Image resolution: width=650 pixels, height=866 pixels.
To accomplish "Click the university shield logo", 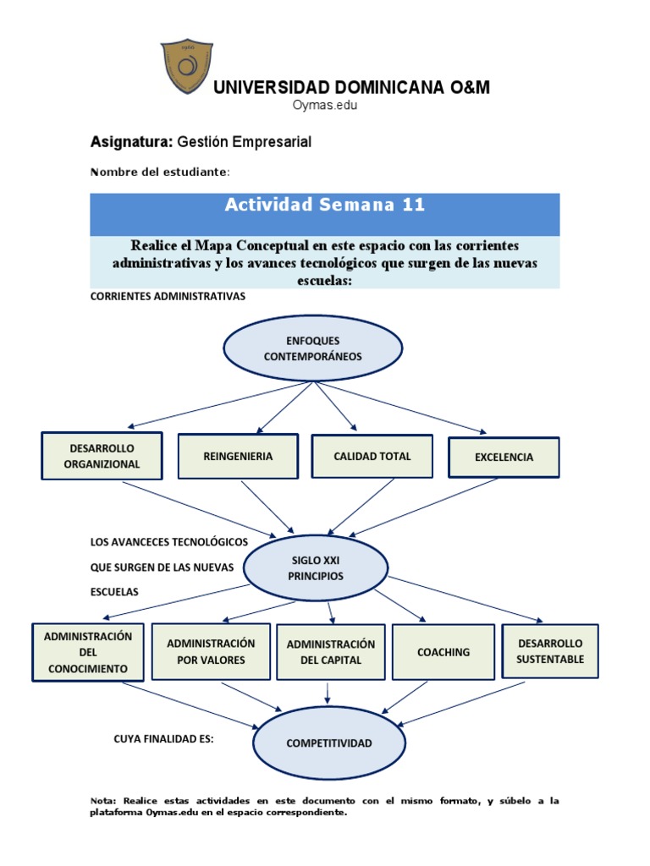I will click(188, 67).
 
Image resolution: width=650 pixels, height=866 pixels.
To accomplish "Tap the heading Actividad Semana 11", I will click(324, 205).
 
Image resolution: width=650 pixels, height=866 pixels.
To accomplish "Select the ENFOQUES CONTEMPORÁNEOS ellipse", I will click(312, 348).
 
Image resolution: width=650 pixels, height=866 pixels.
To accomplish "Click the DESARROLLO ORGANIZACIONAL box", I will click(102, 456).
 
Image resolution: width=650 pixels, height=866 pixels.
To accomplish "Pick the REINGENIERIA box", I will click(238, 456).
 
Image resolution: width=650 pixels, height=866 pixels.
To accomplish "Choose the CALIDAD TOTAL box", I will click(372, 456).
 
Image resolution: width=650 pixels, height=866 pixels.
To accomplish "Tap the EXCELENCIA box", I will click(504, 457).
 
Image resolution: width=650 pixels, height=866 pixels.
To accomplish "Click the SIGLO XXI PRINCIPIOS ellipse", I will click(316, 567).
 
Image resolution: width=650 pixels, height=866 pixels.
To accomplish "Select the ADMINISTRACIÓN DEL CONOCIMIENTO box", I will click(88, 652).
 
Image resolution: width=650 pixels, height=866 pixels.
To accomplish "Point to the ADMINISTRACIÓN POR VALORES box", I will click(211, 651).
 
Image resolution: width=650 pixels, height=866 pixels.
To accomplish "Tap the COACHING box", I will click(443, 652).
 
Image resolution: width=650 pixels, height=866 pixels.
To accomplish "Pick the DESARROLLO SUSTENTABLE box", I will click(550, 650).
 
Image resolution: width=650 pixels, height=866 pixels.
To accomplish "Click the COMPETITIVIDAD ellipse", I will click(329, 743).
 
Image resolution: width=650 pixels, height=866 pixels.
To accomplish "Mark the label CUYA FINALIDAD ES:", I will click(163, 738).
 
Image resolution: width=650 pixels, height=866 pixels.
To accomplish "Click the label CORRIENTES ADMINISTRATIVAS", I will click(167, 297).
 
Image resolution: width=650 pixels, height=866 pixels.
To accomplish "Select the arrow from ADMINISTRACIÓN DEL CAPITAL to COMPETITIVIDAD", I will click(328, 692).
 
